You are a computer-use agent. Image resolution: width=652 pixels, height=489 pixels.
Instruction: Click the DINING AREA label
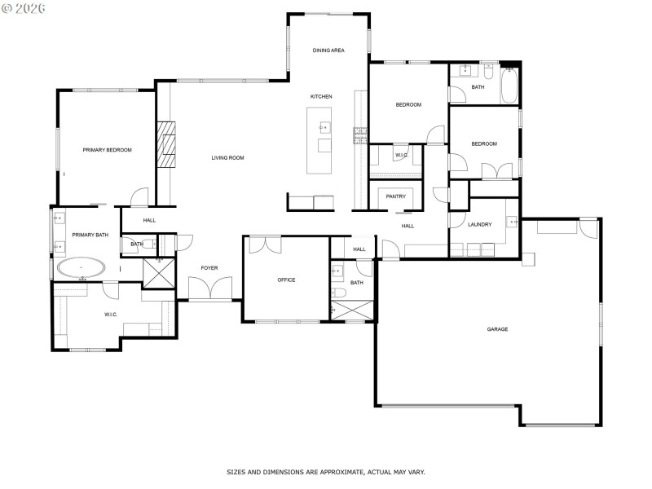pyautogui.click(x=328, y=51)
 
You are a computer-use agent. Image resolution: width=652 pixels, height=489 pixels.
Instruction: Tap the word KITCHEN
pyautogui.click(x=321, y=97)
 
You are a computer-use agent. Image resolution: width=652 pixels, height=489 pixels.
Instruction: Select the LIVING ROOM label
pyautogui.click(x=227, y=158)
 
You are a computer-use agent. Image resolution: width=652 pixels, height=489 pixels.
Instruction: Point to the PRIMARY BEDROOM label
pyautogui.click(x=107, y=150)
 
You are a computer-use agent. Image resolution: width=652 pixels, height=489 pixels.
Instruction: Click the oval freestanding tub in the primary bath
pyautogui.click(x=80, y=267)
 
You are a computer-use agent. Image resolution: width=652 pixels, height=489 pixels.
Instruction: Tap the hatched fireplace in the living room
pyautogui.click(x=167, y=144)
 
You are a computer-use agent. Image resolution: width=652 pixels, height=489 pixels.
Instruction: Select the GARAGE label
pyautogui.click(x=497, y=329)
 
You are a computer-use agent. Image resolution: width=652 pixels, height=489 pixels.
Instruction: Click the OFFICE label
pyautogui.click(x=286, y=280)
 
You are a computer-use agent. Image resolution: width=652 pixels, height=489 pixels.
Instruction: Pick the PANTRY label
pyautogui.click(x=396, y=196)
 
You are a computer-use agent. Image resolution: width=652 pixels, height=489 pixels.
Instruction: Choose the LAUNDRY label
pyautogui.click(x=479, y=225)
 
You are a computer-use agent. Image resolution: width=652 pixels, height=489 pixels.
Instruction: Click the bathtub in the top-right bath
pyautogui.click(x=509, y=86)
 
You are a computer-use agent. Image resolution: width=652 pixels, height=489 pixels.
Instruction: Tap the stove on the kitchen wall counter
pyautogui.click(x=359, y=134)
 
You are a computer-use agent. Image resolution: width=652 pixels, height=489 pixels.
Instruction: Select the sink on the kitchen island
pyautogui.click(x=324, y=127)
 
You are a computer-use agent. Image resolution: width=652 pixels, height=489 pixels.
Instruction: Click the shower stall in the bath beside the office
pyautogui.click(x=352, y=311)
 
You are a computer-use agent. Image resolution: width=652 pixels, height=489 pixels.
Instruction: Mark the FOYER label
pyautogui.click(x=209, y=268)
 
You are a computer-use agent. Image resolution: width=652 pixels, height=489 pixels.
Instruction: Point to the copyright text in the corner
pyautogui.click(x=24, y=7)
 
